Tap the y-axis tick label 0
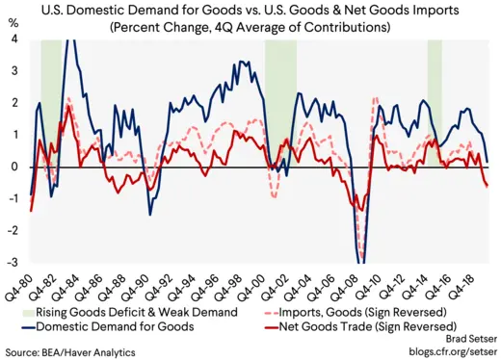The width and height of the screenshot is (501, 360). click(14, 167)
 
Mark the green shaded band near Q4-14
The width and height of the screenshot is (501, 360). click(435, 96)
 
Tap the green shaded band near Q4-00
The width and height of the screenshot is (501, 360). click(281, 96)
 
